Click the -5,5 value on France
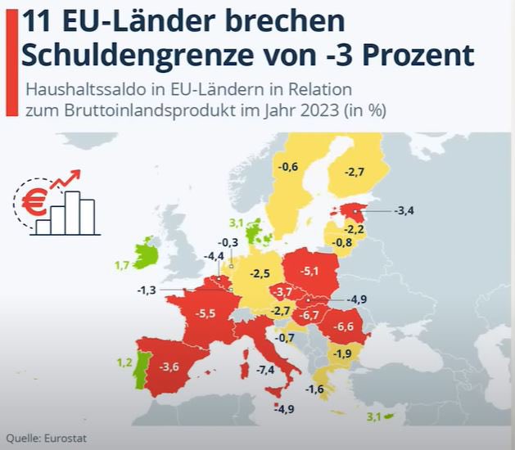pyautogui.click(x=206, y=313)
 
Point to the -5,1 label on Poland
pyautogui.click(x=310, y=270)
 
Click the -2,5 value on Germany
pyautogui.click(x=260, y=272)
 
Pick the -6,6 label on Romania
pyautogui.click(x=344, y=327)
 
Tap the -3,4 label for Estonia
pyautogui.click(x=404, y=211)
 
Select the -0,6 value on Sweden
pyautogui.click(x=287, y=168)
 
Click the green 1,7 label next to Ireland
pyautogui.click(x=121, y=265)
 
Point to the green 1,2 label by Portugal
pyautogui.click(x=124, y=362)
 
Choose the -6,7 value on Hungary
pyautogui.click(x=309, y=315)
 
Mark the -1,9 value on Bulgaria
pyautogui.click(x=344, y=353)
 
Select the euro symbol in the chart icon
pyautogui.click(x=34, y=204)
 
